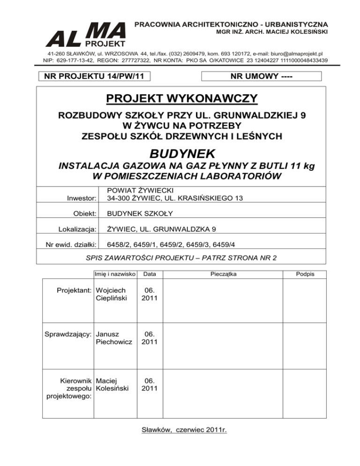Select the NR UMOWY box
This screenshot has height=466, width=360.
pos(261,76)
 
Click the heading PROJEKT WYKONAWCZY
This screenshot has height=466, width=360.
pos(181,99)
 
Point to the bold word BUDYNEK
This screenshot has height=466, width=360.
pos(182,153)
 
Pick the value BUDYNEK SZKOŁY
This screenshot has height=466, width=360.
pos(140,213)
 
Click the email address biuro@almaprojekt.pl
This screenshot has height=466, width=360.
pos(295,54)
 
